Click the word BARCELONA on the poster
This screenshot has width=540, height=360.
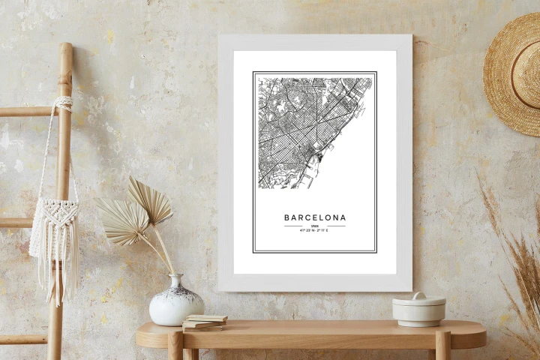click(x=315, y=217)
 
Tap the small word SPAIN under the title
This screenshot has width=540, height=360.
click(x=315, y=226)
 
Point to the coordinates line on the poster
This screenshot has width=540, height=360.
click(x=315, y=231)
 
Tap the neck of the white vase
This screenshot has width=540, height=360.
click(x=177, y=281)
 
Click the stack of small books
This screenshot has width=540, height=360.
click(x=204, y=322)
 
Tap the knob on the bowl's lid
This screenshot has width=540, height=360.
click(x=418, y=295)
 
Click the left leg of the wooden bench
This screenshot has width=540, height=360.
click(x=175, y=346)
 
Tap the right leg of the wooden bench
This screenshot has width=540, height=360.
click(x=442, y=346)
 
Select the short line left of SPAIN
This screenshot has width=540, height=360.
click(x=295, y=226)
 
